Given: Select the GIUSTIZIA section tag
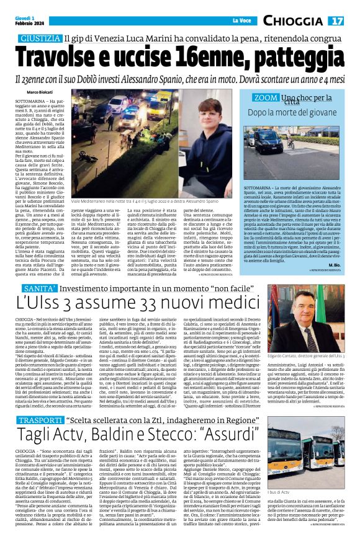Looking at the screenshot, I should click(40, 38).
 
